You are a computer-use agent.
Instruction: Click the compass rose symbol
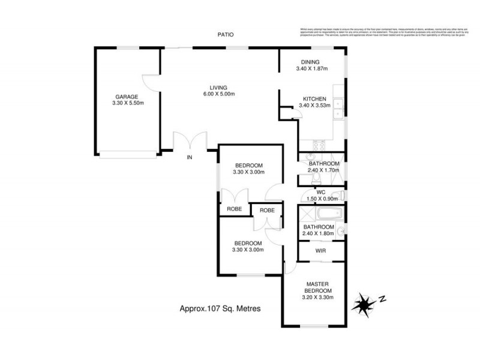point(364,302)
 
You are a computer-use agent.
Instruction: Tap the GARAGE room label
point(127,97)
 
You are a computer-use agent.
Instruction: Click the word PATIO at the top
point(226,35)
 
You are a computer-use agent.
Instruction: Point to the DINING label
point(310,62)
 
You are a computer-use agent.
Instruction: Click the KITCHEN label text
point(314,99)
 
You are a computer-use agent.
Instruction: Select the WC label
point(320,192)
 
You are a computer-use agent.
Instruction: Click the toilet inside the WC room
point(338,195)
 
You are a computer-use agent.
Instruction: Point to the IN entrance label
point(189,158)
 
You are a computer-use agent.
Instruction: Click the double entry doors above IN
point(190,142)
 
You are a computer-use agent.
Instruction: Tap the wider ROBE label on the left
point(234,209)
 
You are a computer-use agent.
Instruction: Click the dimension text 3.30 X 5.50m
point(127,103)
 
